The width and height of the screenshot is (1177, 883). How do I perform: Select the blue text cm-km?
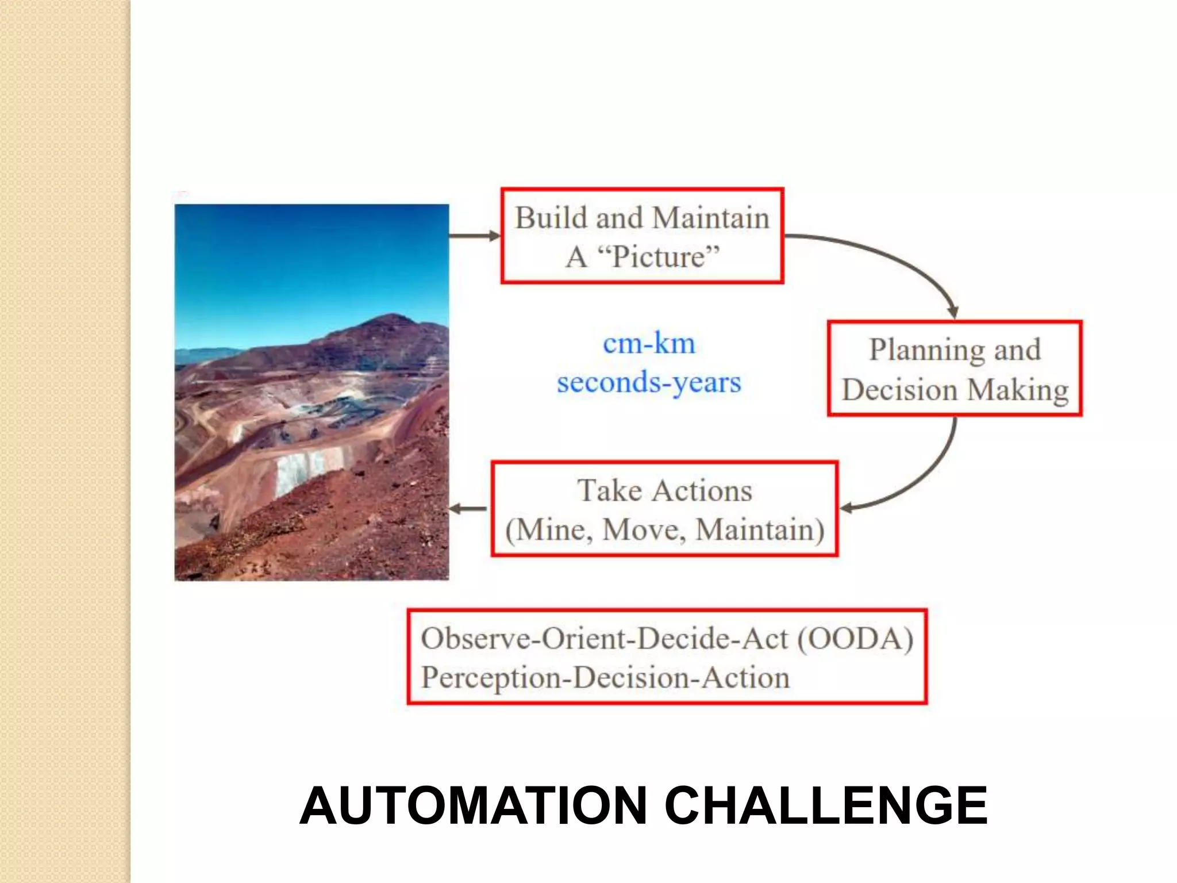coord(649,344)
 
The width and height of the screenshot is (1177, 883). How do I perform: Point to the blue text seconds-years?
coord(649,383)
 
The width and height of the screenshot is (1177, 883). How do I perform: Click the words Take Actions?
coord(664,491)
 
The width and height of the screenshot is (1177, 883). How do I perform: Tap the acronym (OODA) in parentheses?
coord(855,639)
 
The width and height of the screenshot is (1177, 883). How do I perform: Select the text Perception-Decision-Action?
coord(605,678)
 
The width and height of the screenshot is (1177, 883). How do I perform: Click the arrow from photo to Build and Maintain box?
coord(475,236)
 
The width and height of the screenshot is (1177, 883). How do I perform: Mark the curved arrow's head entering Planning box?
coord(952,312)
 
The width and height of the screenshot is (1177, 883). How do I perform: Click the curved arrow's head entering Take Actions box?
coord(847,508)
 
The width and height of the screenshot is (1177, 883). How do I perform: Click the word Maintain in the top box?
coord(710,218)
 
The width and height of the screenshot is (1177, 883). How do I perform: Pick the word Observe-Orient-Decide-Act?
coord(605,639)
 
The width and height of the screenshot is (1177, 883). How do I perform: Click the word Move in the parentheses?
coord(644,530)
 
